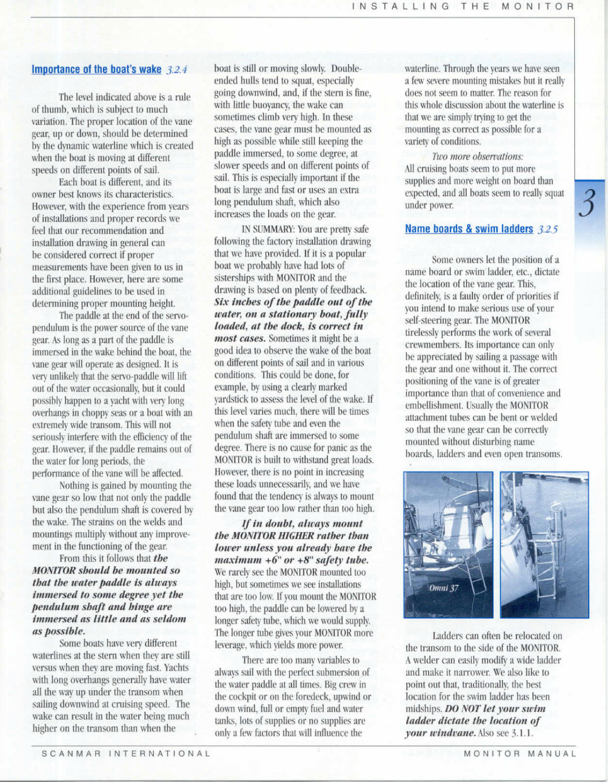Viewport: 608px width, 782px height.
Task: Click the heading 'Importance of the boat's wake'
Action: tap(97, 70)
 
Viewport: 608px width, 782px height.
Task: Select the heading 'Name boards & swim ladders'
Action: tap(469, 229)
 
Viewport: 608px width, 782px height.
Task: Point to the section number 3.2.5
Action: tap(548, 230)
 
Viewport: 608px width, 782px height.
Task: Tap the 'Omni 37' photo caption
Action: tap(443, 588)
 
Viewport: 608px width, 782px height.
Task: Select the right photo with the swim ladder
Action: tap(544, 545)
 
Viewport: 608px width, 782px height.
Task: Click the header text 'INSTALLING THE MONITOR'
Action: tap(463, 7)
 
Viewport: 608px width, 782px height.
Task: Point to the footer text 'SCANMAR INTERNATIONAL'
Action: tap(126, 753)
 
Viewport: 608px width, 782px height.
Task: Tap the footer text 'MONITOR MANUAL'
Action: tap(520, 753)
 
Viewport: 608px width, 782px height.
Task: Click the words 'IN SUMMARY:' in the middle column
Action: tap(262, 230)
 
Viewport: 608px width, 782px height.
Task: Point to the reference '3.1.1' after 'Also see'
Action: tap(522, 734)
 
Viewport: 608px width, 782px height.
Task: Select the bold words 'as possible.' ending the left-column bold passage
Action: tap(59, 631)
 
